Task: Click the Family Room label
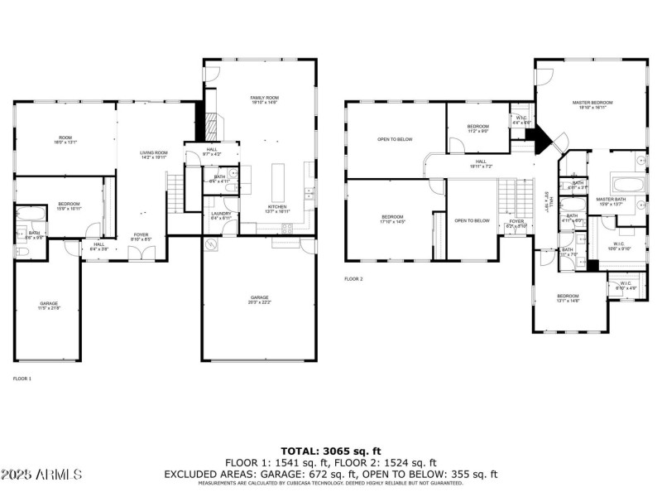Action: tap(263, 100)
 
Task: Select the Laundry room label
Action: tap(221, 215)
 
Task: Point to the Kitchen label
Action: tap(276, 209)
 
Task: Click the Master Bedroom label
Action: tap(590, 104)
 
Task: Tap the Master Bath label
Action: tap(611, 201)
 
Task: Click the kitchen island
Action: tap(277, 178)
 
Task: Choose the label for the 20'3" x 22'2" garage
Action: tap(260, 300)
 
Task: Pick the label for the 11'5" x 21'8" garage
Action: tap(49, 306)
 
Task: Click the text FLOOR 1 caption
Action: tap(22, 379)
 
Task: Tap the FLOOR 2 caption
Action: tap(353, 279)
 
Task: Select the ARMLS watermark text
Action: tap(41, 475)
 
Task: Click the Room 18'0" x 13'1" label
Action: tap(65, 140)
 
